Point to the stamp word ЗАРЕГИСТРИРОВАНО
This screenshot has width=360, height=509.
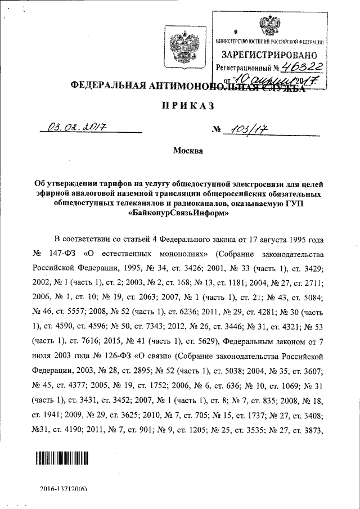coord(269,55)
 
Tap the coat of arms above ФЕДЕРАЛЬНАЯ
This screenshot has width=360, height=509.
coord(181,48)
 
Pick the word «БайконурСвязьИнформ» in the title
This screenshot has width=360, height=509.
coord(180,213)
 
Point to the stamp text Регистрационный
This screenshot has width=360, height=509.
coord(241,69)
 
